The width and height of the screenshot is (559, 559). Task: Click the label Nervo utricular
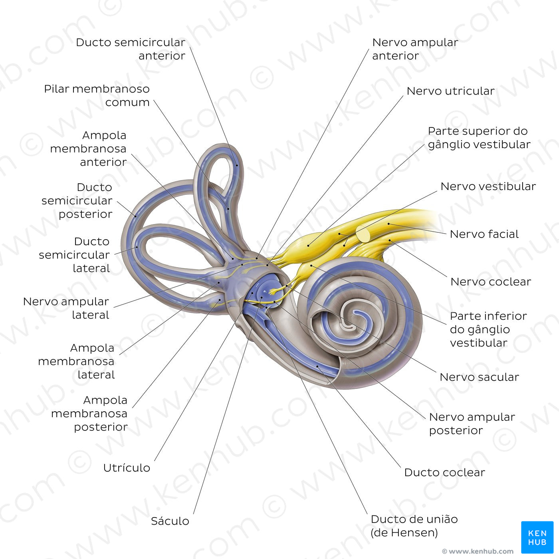click(x=450, y=91)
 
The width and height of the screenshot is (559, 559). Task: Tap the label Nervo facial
click(x=484, y=234)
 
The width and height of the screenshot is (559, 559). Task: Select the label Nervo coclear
click(x=491, y=281)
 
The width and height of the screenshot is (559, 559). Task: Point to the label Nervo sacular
click(x=479, y=377)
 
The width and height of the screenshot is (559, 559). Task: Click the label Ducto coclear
click(x=444, y=472)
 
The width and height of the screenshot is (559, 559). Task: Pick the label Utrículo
click(x=127, y=468)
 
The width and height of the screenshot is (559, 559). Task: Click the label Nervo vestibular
click(x=488, y=186)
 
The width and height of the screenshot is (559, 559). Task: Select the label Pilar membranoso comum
click(x=97, y=95)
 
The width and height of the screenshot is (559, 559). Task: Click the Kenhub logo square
click(x=537, y=537)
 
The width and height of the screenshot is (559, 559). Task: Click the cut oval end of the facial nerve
click(x=363, y=234)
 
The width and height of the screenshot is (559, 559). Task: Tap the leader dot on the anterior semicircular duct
click(x=237, y=166)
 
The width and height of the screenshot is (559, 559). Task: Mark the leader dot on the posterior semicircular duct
click(x=135, y=216)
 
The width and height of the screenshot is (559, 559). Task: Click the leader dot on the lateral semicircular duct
click(x=137, y=248)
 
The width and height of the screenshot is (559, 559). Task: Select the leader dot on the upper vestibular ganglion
click(x=308, y=246)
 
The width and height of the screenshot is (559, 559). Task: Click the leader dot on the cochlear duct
click(x=317, y=367)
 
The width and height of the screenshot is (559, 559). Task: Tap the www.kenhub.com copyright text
click(x=478, y=551)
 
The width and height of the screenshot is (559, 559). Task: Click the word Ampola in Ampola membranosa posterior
click(x=105, y=400)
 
